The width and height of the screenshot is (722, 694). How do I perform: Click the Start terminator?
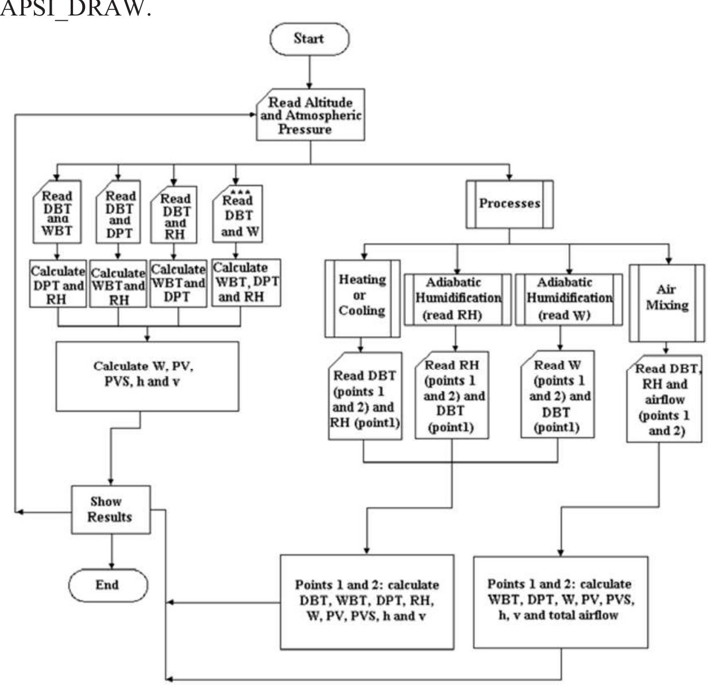[x=309, y=39]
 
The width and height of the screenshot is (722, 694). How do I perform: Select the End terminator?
[x=108, y=585]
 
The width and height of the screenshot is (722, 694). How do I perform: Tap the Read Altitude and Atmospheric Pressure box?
[x=310, y=115]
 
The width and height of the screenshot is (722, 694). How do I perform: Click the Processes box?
[x=509, y=204]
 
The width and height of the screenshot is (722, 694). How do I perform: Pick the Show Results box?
[x=110, y=510]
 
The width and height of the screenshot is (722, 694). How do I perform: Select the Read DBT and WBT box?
[x=57, y=213]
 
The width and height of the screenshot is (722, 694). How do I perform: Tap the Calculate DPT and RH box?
[x=57, y=284]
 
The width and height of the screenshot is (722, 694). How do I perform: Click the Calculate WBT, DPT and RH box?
[x=246, y=282]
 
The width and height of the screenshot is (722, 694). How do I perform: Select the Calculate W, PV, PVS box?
[x=147, y=376]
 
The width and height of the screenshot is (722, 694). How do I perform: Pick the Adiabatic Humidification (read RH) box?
[x=457, y=299]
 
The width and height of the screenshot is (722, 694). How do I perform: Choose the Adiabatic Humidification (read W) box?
[x=568, y=299]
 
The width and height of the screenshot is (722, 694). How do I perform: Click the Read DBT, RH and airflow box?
[x=664, y=399]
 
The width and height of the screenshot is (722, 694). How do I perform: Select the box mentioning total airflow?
[x=561, y=601]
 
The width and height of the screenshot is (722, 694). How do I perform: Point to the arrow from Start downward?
[x=309, y=72]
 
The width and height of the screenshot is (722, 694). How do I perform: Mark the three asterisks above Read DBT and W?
[x=240, y=191]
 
